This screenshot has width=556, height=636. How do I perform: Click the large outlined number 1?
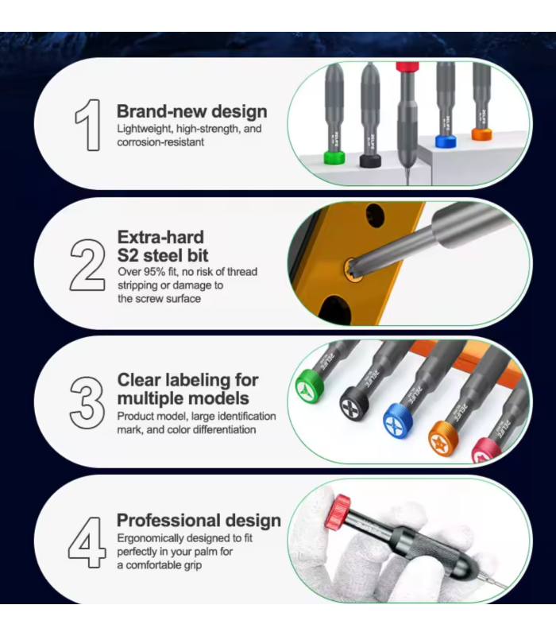click(87, 125)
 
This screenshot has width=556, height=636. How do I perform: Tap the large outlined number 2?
click(88, 264)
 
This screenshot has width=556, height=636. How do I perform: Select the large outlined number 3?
click(87, 402)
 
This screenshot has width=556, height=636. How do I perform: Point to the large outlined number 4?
click(87, 541)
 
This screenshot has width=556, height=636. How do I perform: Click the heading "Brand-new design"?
click(191, 111)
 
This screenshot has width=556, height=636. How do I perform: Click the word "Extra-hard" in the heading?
click(160, 237)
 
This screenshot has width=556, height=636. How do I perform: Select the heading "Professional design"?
click(199, 521)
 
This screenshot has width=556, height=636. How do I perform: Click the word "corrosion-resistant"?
click(161, 142)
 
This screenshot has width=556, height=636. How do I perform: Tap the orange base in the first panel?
click(482, 134)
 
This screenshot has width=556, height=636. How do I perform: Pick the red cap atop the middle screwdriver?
click(407, 67)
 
